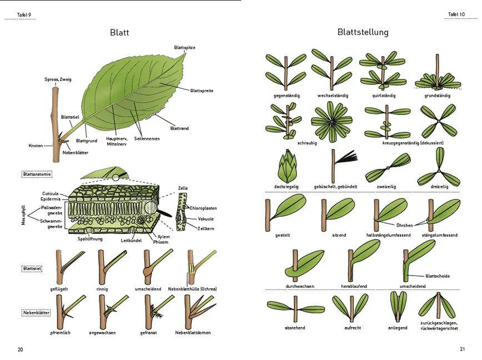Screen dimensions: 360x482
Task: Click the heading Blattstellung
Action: click(363, 32)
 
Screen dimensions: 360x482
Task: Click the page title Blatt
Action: click(119, 32)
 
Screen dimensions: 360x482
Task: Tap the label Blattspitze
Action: click(184, 47)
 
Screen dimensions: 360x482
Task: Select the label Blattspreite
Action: click(202, 90)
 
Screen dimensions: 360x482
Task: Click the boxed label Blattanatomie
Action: click(37, 174)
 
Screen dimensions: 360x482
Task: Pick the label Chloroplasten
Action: click(203, 208)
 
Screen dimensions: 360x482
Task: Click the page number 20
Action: click(20, 349)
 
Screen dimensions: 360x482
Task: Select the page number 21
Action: click(462, 349)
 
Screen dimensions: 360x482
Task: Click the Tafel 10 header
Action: click(456, 14)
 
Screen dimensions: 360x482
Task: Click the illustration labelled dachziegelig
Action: click(287, 165)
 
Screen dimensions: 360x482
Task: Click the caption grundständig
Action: click(438, 96)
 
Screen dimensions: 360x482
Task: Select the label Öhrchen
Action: click(404, 225)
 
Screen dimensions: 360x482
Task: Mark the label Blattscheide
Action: click(438, 276)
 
